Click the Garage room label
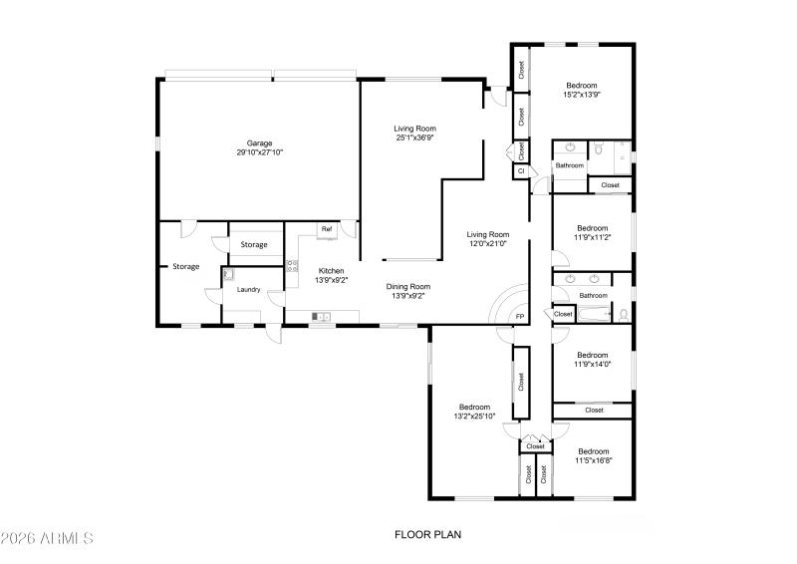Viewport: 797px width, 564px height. [260, 143]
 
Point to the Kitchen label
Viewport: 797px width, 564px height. [332, 271]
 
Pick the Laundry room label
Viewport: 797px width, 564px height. [248, 290]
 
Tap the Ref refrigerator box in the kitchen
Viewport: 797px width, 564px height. [326, 229]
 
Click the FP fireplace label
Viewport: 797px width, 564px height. [519, 317]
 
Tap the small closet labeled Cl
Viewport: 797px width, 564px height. [520, 171]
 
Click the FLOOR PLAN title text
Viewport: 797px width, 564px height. [428, 534]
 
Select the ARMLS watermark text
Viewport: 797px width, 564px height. [47, 538]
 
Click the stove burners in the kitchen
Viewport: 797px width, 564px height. [292, 265]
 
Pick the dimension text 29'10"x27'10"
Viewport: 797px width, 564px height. [260, 152]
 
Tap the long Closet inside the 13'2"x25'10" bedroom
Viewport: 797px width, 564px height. [520, 383]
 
